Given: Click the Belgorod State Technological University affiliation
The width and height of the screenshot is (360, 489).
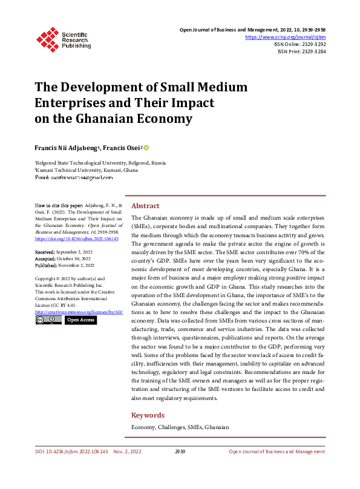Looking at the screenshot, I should point(100,163).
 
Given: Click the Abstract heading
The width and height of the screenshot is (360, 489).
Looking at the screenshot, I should point(145,206).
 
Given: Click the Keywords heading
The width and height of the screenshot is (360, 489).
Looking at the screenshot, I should point(148,415).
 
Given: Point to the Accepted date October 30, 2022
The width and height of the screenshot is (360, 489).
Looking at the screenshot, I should point(62,258).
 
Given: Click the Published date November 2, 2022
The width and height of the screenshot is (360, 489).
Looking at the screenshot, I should point(64,264).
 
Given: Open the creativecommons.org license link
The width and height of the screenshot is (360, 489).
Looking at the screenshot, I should point(79,311).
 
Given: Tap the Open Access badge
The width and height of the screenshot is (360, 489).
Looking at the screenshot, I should point(80,320).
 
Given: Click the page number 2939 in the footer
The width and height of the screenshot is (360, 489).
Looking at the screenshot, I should point(180,451).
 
